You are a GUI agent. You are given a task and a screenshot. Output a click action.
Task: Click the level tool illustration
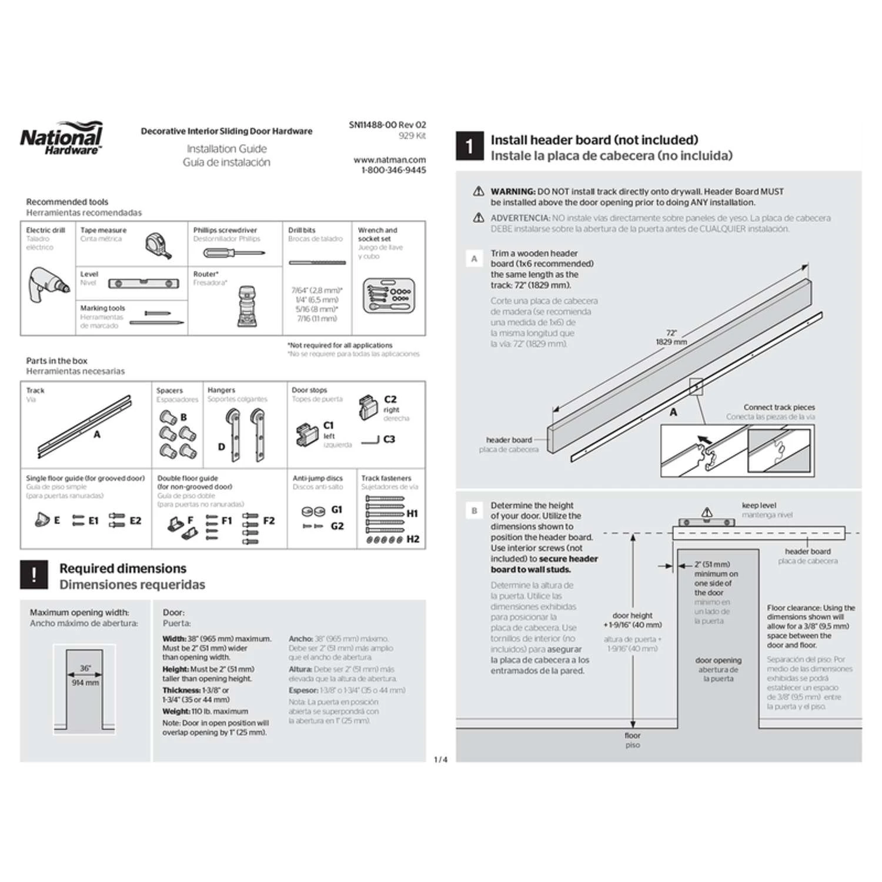tap(143, 283)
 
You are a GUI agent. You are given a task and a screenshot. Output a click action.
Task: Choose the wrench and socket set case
tap(389, 295)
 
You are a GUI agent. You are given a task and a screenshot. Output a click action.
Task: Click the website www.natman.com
tap(389, 159)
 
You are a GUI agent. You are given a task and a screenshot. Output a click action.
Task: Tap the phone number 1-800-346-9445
tap(393, 170)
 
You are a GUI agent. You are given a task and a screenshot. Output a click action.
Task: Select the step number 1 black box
tap(469, 146)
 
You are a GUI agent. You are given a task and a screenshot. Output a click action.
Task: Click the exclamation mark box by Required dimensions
tap(34, 574)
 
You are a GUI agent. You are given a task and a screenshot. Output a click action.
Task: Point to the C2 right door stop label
tap(390, 399)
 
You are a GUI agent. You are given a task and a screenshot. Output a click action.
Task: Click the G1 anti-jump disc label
tap(336, 510)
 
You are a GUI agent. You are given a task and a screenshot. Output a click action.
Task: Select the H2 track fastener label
tap(413, 539)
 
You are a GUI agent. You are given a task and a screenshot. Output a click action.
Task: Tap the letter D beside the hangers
tap(222, 446)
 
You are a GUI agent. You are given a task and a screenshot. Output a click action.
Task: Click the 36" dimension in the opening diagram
tap(85, 668)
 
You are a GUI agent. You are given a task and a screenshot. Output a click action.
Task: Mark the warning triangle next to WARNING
tap(479, 191)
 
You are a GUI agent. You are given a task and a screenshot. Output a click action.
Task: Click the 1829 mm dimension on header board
tap(671, 342)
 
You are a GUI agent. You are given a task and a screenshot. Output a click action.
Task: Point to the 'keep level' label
tap(759, 505)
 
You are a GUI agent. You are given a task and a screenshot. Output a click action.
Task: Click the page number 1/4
tap(440, 760)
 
